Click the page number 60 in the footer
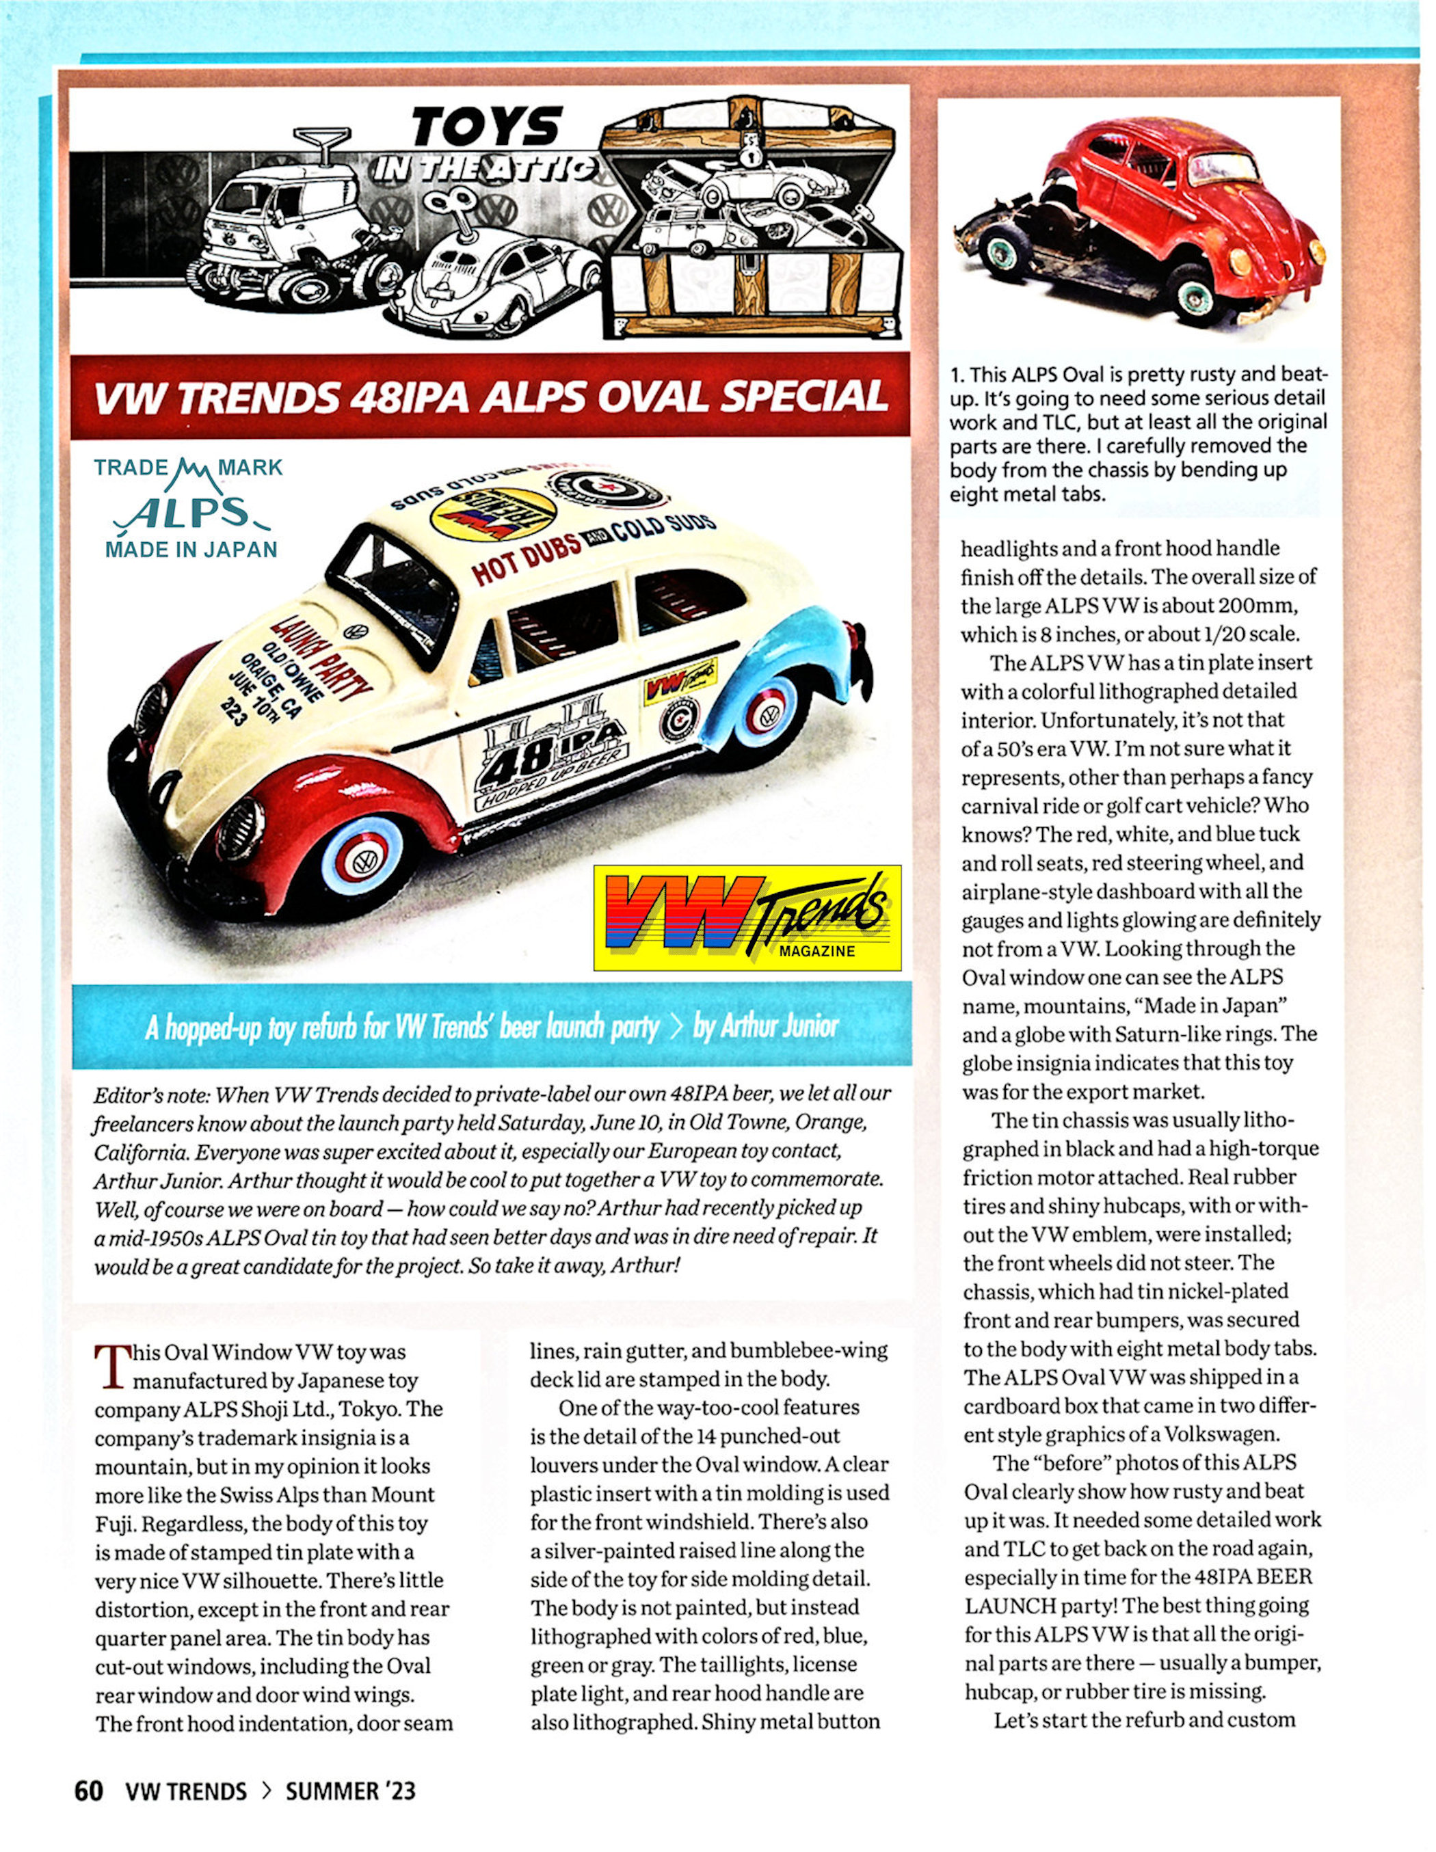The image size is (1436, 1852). coord(89,1791)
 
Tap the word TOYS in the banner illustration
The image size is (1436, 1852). coord(487,127)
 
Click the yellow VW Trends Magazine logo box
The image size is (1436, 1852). coord(747,917)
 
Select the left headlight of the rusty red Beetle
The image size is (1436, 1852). coord(1240,261)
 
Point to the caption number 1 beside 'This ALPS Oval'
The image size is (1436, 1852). coord(956,375)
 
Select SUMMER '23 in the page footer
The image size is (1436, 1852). coord(350,1791)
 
